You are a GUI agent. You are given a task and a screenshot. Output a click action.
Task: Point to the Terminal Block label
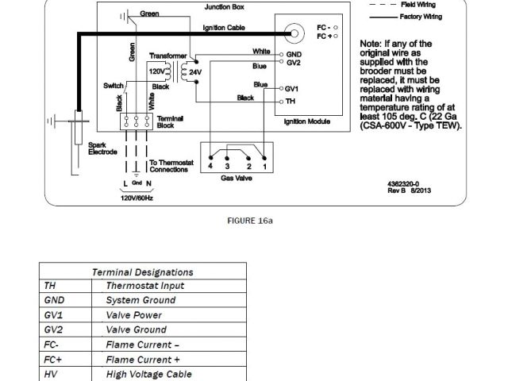coord(171,121)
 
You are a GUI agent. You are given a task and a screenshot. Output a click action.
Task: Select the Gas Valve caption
coord(237,179)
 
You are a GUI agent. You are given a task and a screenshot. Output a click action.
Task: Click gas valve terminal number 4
coord(210,167)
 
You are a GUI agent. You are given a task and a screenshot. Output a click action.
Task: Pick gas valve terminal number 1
coord(264,167)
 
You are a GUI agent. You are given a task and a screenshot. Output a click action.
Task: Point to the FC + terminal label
coord(323,37)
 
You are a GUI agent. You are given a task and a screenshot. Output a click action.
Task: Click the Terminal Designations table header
coord(143,271)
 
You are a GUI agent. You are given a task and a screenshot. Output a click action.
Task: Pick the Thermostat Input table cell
coord(144,286)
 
